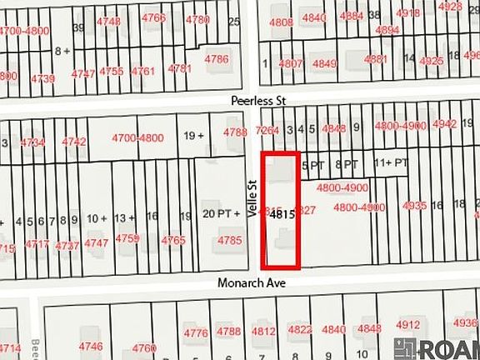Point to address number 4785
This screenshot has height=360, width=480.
[x=229, y=241]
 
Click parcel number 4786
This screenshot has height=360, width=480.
[x=217, y=59]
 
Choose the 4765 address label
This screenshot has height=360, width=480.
[x=173, y=240]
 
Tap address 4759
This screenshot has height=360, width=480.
[x=127, y=239]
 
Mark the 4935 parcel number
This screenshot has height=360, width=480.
[x=414, y=205]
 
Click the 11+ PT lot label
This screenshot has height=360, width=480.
[x=392, y=162]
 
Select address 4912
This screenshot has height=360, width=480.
[x=408, y=325]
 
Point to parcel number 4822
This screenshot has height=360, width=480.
[x=300, y=330]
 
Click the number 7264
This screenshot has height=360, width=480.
[x=267, y=130]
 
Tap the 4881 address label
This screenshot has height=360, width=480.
[x=376, y=59]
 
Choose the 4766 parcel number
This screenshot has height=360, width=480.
[x=154, y=17]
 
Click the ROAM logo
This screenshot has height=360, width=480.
[x=438, y=347]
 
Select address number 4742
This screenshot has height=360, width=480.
[x=74, y=142]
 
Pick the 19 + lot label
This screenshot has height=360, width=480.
[x=194, y=136]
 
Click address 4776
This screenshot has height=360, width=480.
[x=196, y=333]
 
